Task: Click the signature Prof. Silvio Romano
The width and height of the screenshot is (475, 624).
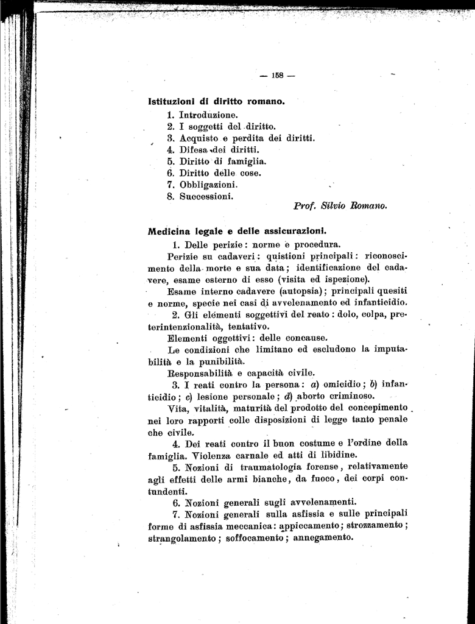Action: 340,207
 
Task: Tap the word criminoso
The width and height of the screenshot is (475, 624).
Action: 298,396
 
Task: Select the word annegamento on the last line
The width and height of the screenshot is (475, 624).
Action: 323,537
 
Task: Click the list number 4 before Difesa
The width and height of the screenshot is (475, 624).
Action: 171,149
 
